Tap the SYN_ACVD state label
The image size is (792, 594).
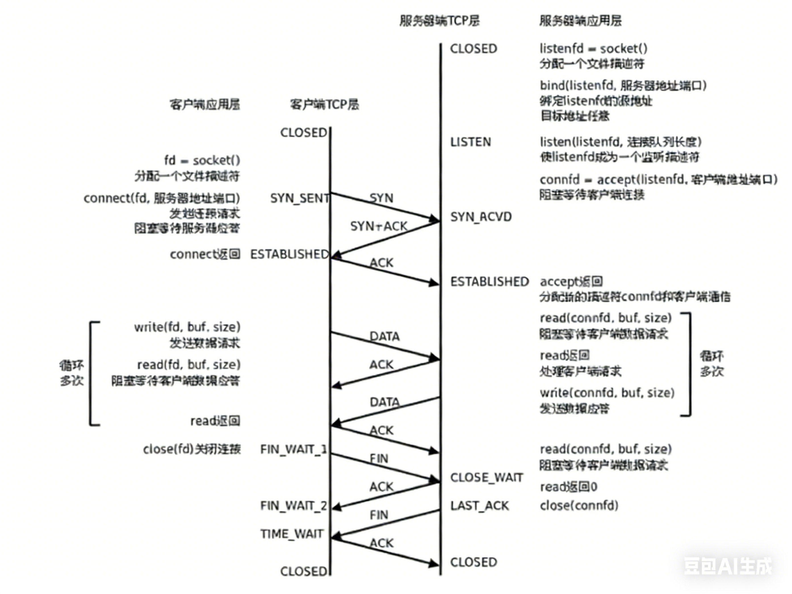click(481, 217)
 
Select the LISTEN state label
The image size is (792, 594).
click(470, 142)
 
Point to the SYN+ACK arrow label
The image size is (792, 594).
click(379, 226)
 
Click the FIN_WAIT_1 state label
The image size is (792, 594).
click(293, 449)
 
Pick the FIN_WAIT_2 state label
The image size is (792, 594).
click(293, 506)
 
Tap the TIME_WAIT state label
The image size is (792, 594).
click(292, 534)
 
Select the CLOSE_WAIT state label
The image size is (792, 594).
click(486, 477)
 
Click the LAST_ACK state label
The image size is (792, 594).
click(479, 506)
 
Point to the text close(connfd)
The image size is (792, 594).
click(579, 506)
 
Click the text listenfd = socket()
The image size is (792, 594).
click(593, 48)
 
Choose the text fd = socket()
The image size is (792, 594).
click(202, 160)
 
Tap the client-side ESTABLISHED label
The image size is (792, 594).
click(289, 254)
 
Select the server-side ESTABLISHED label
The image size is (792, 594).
click(489, 282)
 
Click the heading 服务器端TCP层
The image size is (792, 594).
click(439, 21)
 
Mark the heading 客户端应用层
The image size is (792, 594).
click(205, 105)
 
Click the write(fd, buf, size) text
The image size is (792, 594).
click(187, 327)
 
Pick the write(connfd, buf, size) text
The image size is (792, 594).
click(607, 393)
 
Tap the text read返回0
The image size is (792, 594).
click(568, 487)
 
